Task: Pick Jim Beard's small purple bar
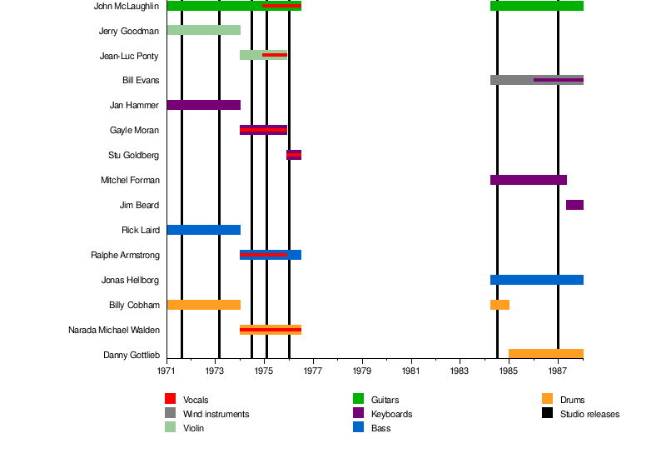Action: click(x=574, y=205)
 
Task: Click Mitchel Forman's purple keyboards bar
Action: click(x=528, y=180)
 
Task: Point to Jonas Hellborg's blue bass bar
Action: click(x=536, y=280)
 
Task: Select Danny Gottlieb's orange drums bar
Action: click(x=545, y=354)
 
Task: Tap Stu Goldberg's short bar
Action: click(x=294, y=155)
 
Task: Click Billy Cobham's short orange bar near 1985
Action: click(x=499, y=305)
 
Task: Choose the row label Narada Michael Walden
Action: click(x=114, y=331)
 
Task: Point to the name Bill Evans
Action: click(x=141, y=81)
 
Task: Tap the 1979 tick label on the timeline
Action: click(x=362, y=371)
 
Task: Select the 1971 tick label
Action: click(x=167, y=371)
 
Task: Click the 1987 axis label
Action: click(x=558, y=371)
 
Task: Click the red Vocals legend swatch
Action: click(x=170, y=400)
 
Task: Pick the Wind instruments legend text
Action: click(x=216, y=414)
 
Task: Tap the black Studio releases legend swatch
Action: click(x=547, y=414)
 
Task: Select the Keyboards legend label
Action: click(x=391, y=414)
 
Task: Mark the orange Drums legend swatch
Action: click(x=547, y=400)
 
